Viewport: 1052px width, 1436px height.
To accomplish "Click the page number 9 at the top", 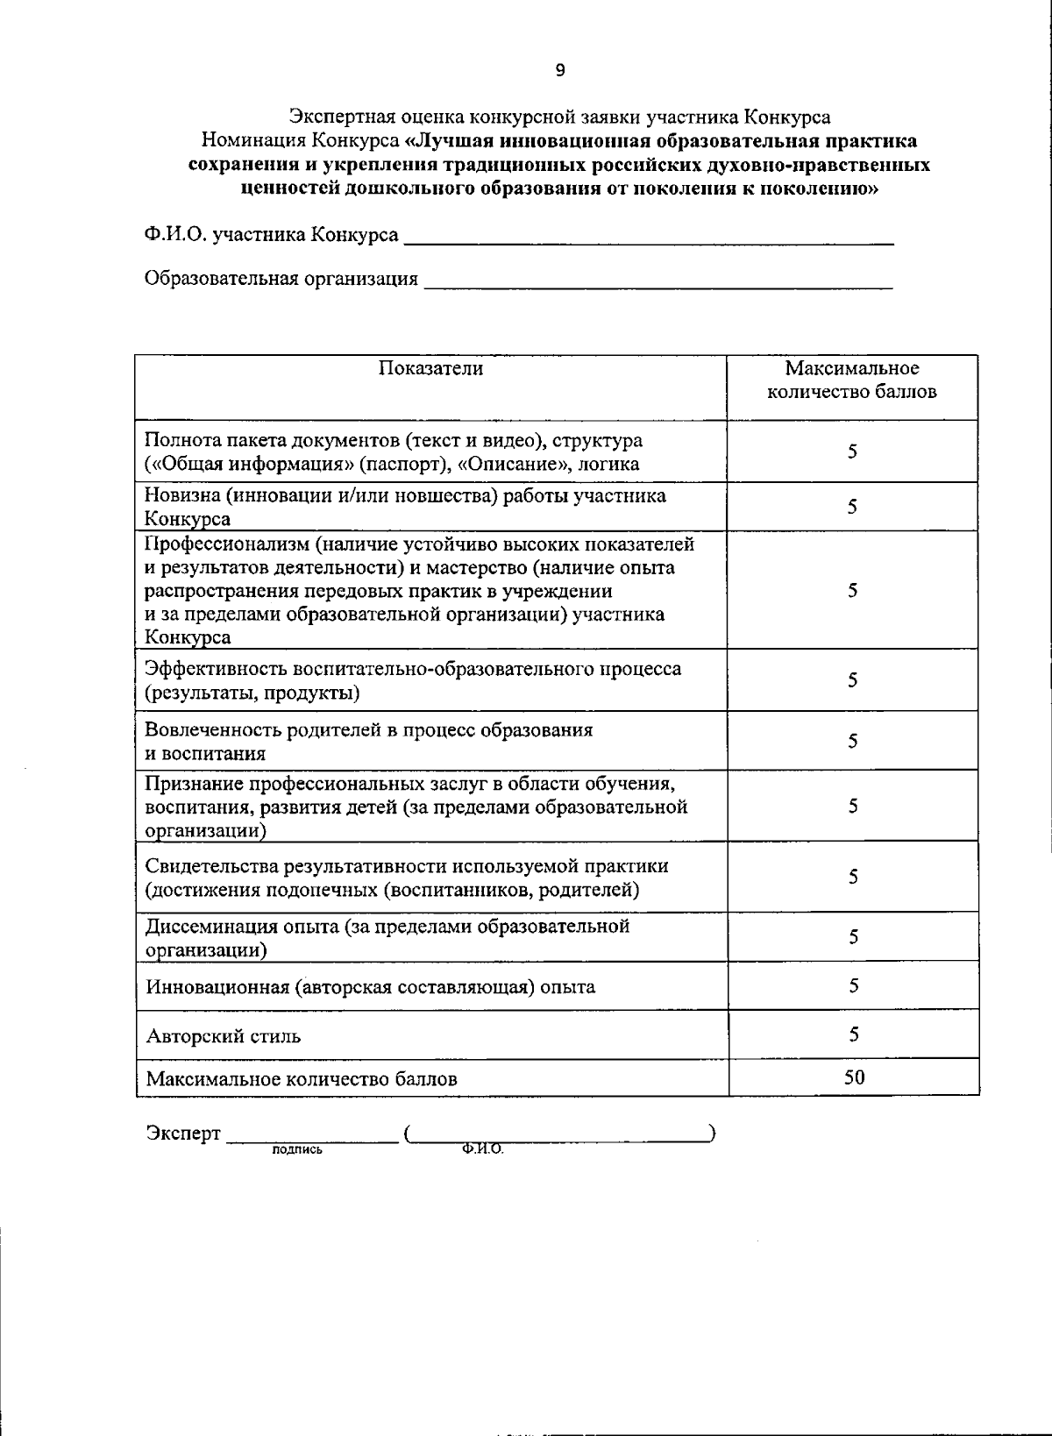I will click(x=560, y=72).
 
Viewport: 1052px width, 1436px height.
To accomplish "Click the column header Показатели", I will click(x=430, y=368).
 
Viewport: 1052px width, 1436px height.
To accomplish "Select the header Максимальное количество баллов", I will click(x=852, y=380).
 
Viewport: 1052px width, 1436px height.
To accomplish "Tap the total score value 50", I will click(x=854, y=1077).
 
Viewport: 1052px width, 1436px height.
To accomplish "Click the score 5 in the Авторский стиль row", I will click(x=853, y=1034).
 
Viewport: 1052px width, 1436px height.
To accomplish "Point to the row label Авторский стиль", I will click(x=224, y=1036).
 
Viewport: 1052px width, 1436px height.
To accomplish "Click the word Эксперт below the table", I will click(x=183, y=1134).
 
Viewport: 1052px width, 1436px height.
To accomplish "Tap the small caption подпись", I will click(x=297, y=1149).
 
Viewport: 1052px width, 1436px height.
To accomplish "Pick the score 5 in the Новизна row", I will click(x=852, y=507).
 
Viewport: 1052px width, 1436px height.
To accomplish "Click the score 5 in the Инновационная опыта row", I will click(x=853, y=985).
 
